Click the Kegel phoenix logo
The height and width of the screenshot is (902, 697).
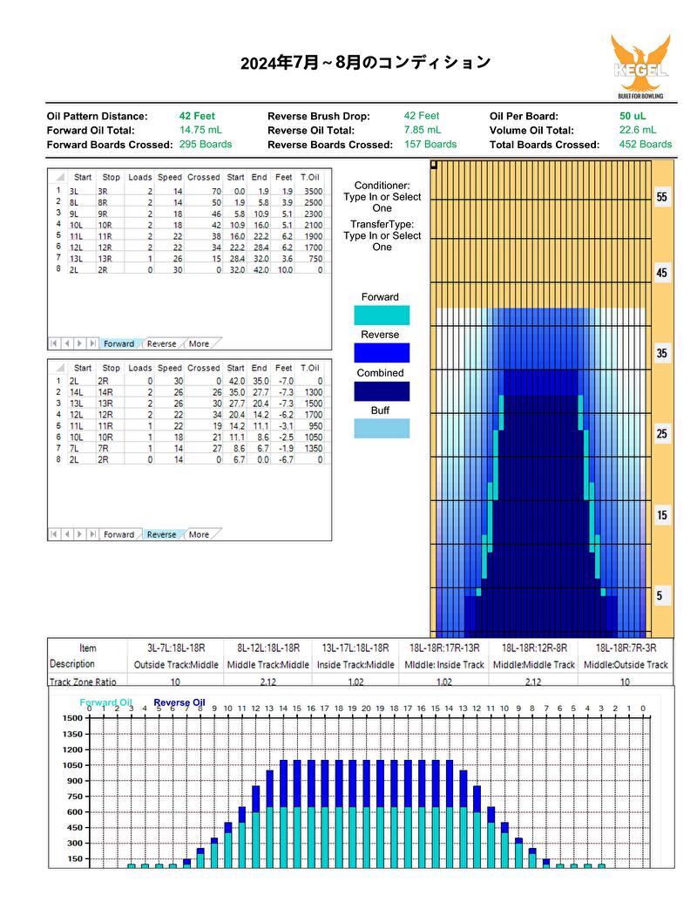pyautogui.click(x=640, y=66)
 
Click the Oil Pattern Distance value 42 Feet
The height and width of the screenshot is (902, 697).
pyautogui.click(x=197, y=116)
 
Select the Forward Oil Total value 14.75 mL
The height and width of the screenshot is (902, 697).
pyautogui.click(x=200, y=130)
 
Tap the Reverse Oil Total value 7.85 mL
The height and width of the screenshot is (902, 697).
pyautogui.click(x=422, y=130)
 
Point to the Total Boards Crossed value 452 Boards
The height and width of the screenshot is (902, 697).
pyautogui.click(x=646, y=145)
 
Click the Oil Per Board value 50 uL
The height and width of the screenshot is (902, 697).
pyautogui.click(x=633, y=116)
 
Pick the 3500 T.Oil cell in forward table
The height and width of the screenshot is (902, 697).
pyautogui.click(x=314, y=191)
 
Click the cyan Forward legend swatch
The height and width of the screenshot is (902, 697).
pyautogui.click(x=382, y=315)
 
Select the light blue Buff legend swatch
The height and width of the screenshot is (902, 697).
pyautogui.click(x=382, y=429)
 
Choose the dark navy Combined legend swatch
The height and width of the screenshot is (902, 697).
pyautogui.click(x=382, y=391)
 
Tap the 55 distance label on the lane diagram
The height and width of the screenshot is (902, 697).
pyautogui.click(x=662, y=197)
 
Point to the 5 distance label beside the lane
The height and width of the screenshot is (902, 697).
pyautogui.click(x=659, y=595)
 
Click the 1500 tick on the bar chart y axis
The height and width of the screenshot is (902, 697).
pyautogui.click(x=73, y=718)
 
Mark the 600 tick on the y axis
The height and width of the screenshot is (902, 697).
pyautogui.click(x=75, y=811)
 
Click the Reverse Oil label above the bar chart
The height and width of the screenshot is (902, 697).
pyautogui.click(x=179, y=702)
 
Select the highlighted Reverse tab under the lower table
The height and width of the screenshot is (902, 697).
pyautogui.click(x=161, y=534)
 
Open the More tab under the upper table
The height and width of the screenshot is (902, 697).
pyautogui.click(x=199, y=343)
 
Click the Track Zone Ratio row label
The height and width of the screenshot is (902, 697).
pyautogui.click(x=83, y=682)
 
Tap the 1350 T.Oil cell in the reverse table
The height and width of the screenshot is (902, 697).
pyautogui.click(x=314, y=448)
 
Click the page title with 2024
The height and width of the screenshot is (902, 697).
pyautogui.click(x=366, y=62)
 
